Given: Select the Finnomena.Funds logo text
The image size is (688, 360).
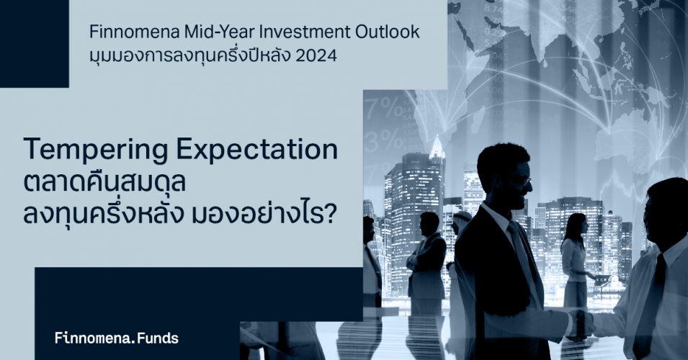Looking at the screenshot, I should (117, 337).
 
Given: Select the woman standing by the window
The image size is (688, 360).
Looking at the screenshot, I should (576, 259).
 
